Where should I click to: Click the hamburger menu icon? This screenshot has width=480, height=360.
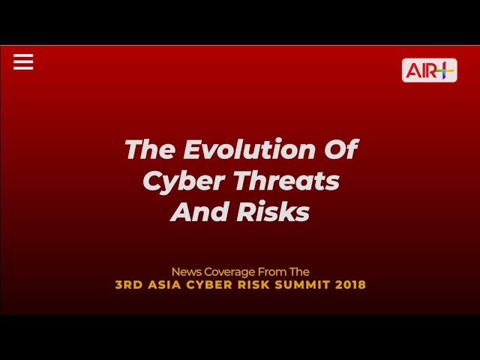point(23,61)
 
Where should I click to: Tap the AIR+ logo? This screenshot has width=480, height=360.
point(429,70)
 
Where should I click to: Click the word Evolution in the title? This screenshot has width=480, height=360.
point(250,149)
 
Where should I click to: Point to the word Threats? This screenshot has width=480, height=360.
point(287,180)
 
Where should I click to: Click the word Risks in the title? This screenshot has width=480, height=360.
point(273,211)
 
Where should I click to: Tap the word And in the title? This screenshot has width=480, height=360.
point(201,211)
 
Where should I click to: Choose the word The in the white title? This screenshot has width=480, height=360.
point(151,149)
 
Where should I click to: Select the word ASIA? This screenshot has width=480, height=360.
point(164,285)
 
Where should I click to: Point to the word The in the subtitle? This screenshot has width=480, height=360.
point(299,271)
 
